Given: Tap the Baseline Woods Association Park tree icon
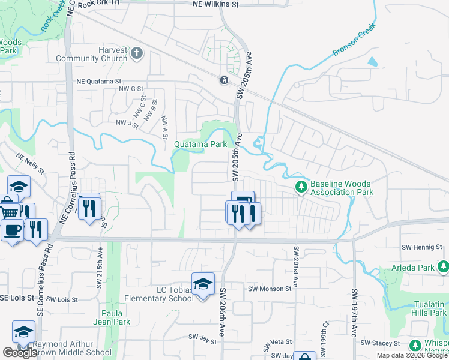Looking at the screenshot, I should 301,188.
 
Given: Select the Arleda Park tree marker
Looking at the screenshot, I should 443,267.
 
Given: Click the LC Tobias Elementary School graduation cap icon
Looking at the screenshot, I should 203,283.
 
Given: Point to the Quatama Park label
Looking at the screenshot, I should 200,144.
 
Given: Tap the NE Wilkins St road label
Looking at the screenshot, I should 215,4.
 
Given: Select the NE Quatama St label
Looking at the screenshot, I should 99,81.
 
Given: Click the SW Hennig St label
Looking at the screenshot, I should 422,247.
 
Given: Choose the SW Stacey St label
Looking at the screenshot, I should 381,343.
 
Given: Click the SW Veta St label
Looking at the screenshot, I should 280,341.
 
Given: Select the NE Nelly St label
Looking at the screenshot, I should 31,163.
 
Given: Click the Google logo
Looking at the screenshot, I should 20,353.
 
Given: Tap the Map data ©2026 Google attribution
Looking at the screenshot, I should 411,355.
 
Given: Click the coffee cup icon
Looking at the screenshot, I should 11,230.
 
